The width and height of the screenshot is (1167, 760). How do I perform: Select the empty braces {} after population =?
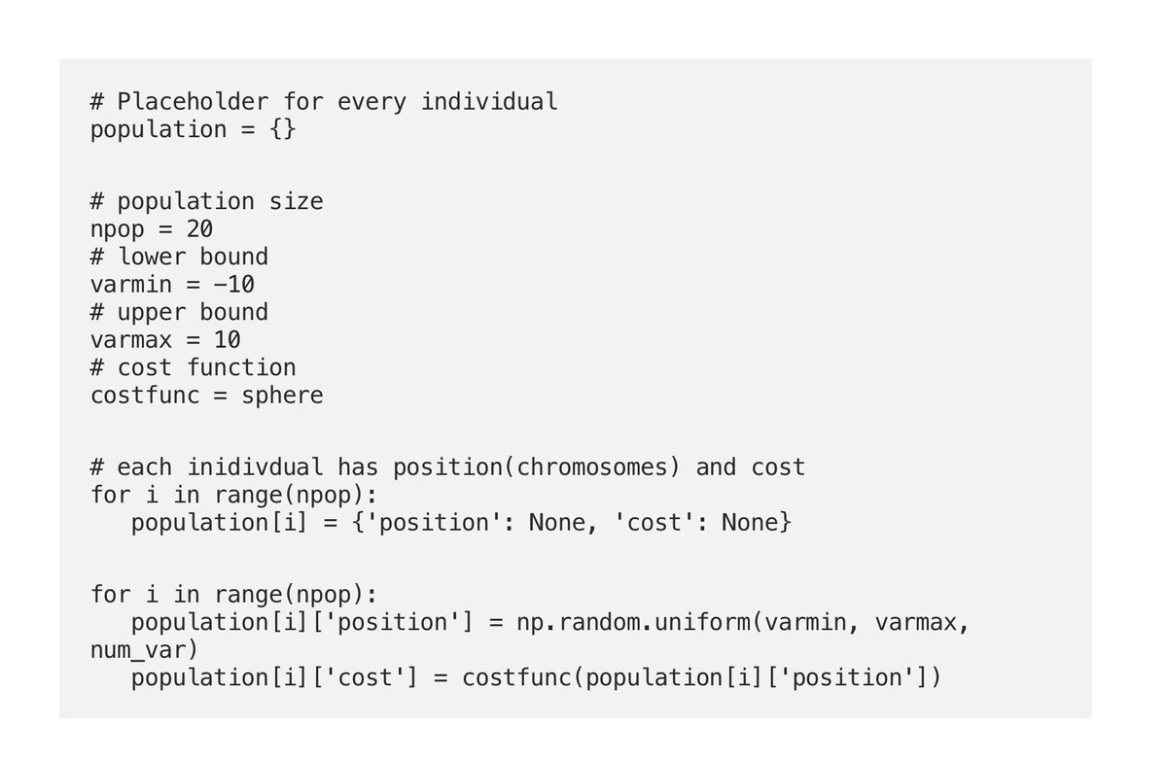pos(282,129)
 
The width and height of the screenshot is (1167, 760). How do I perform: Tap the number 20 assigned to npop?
pos(199,229)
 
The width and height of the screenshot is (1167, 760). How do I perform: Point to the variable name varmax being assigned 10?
pos(131,340)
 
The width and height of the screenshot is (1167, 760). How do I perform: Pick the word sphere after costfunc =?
pos(282,396)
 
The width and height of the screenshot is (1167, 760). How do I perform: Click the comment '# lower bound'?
pos(179,257)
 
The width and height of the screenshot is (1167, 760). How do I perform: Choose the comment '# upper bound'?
pos(179,312)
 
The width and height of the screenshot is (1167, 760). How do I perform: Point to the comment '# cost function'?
pos(193,367)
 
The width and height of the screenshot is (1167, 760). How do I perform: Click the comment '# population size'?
pos(206,201)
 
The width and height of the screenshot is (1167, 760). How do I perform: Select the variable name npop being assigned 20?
pos(118,229)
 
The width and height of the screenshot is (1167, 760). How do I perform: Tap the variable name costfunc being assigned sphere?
pos(145,396)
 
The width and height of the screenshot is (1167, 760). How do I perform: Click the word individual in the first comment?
pos(489,101)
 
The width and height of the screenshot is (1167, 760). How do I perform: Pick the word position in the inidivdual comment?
pos(447,467)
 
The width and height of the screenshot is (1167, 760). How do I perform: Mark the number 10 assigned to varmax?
pos(228,340)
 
